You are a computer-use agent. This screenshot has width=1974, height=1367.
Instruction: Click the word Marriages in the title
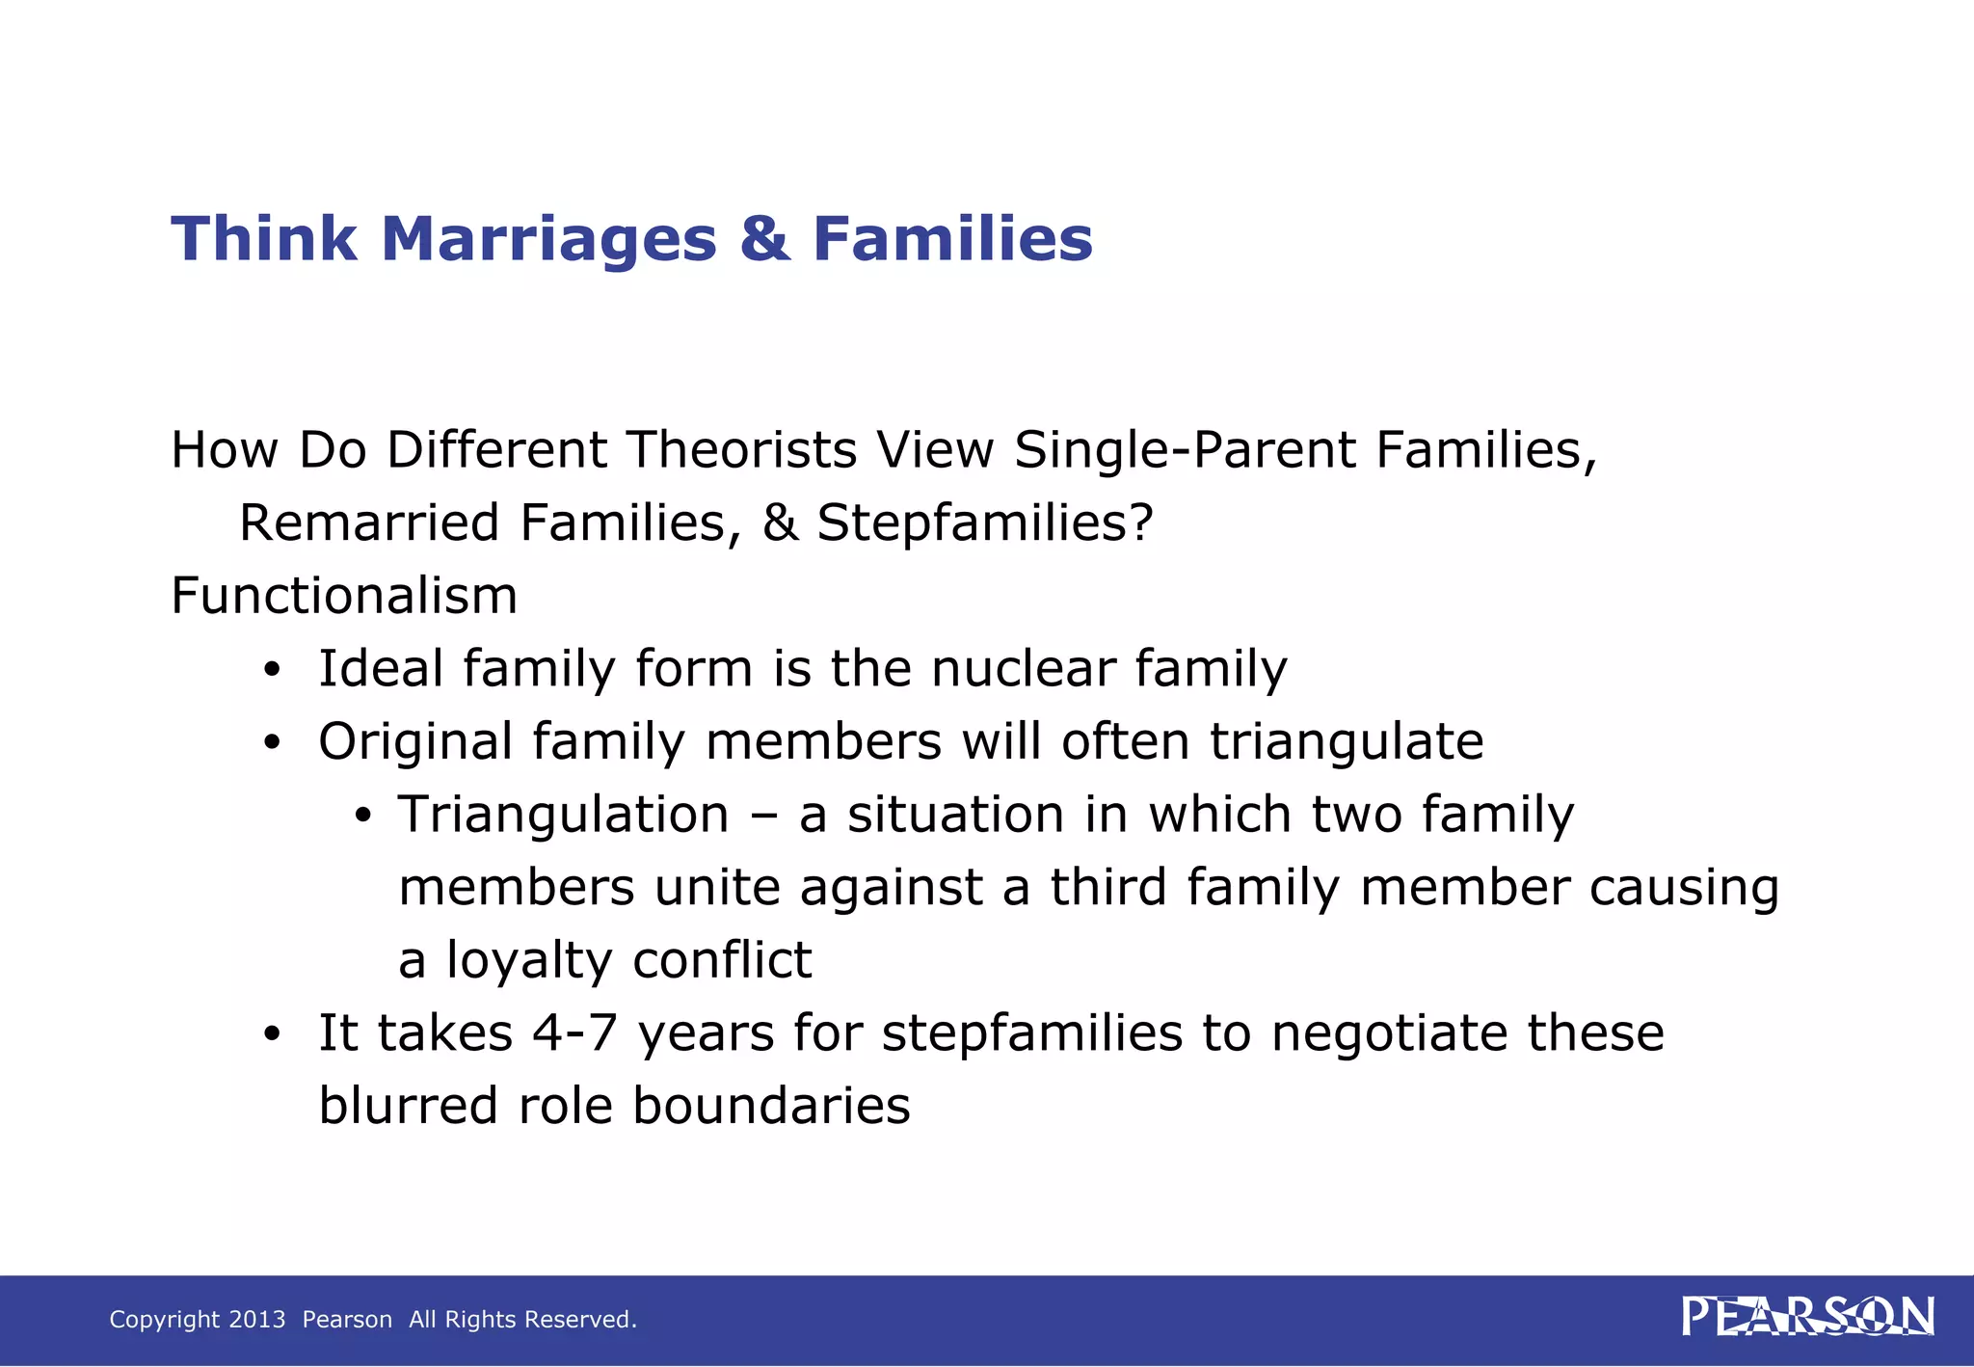pyautogui.click(x=548, y=238)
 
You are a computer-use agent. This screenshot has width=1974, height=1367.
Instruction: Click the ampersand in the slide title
pyautogui.click(x=764, y=238)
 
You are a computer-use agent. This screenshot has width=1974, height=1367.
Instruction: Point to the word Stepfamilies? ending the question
pyautogui.click(x=984, y=523)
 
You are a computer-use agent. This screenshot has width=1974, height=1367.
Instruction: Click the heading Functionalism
pyautogui.click(x=344, y=596)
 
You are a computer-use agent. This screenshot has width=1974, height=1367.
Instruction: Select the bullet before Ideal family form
pyautogui.click(x=273, y=670)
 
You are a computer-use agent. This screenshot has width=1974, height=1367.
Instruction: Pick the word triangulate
pyautogui.click(x=1347, y=741)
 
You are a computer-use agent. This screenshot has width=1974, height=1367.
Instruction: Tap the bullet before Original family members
pyautogui.click(x=273, y=743)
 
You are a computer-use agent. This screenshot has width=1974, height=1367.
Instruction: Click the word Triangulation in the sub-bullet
pyautogui.click(x=564, y=815)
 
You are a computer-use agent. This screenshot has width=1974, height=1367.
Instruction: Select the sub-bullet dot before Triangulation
pyautogui.click(x=362, y=817)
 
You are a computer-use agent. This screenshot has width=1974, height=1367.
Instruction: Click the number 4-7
pyautogui.click(x=574, y=1032)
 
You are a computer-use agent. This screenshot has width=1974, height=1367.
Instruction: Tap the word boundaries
pyautogui.click(x=771, y=1106)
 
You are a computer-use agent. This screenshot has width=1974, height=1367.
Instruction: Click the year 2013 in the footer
pyautogui.click(x=257, y=1320)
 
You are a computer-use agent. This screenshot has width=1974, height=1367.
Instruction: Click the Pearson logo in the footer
pyautogui.click(x=1807, y=1317)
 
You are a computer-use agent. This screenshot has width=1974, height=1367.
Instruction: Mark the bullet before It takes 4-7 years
pyautogui.click(x=273, y=1034)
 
